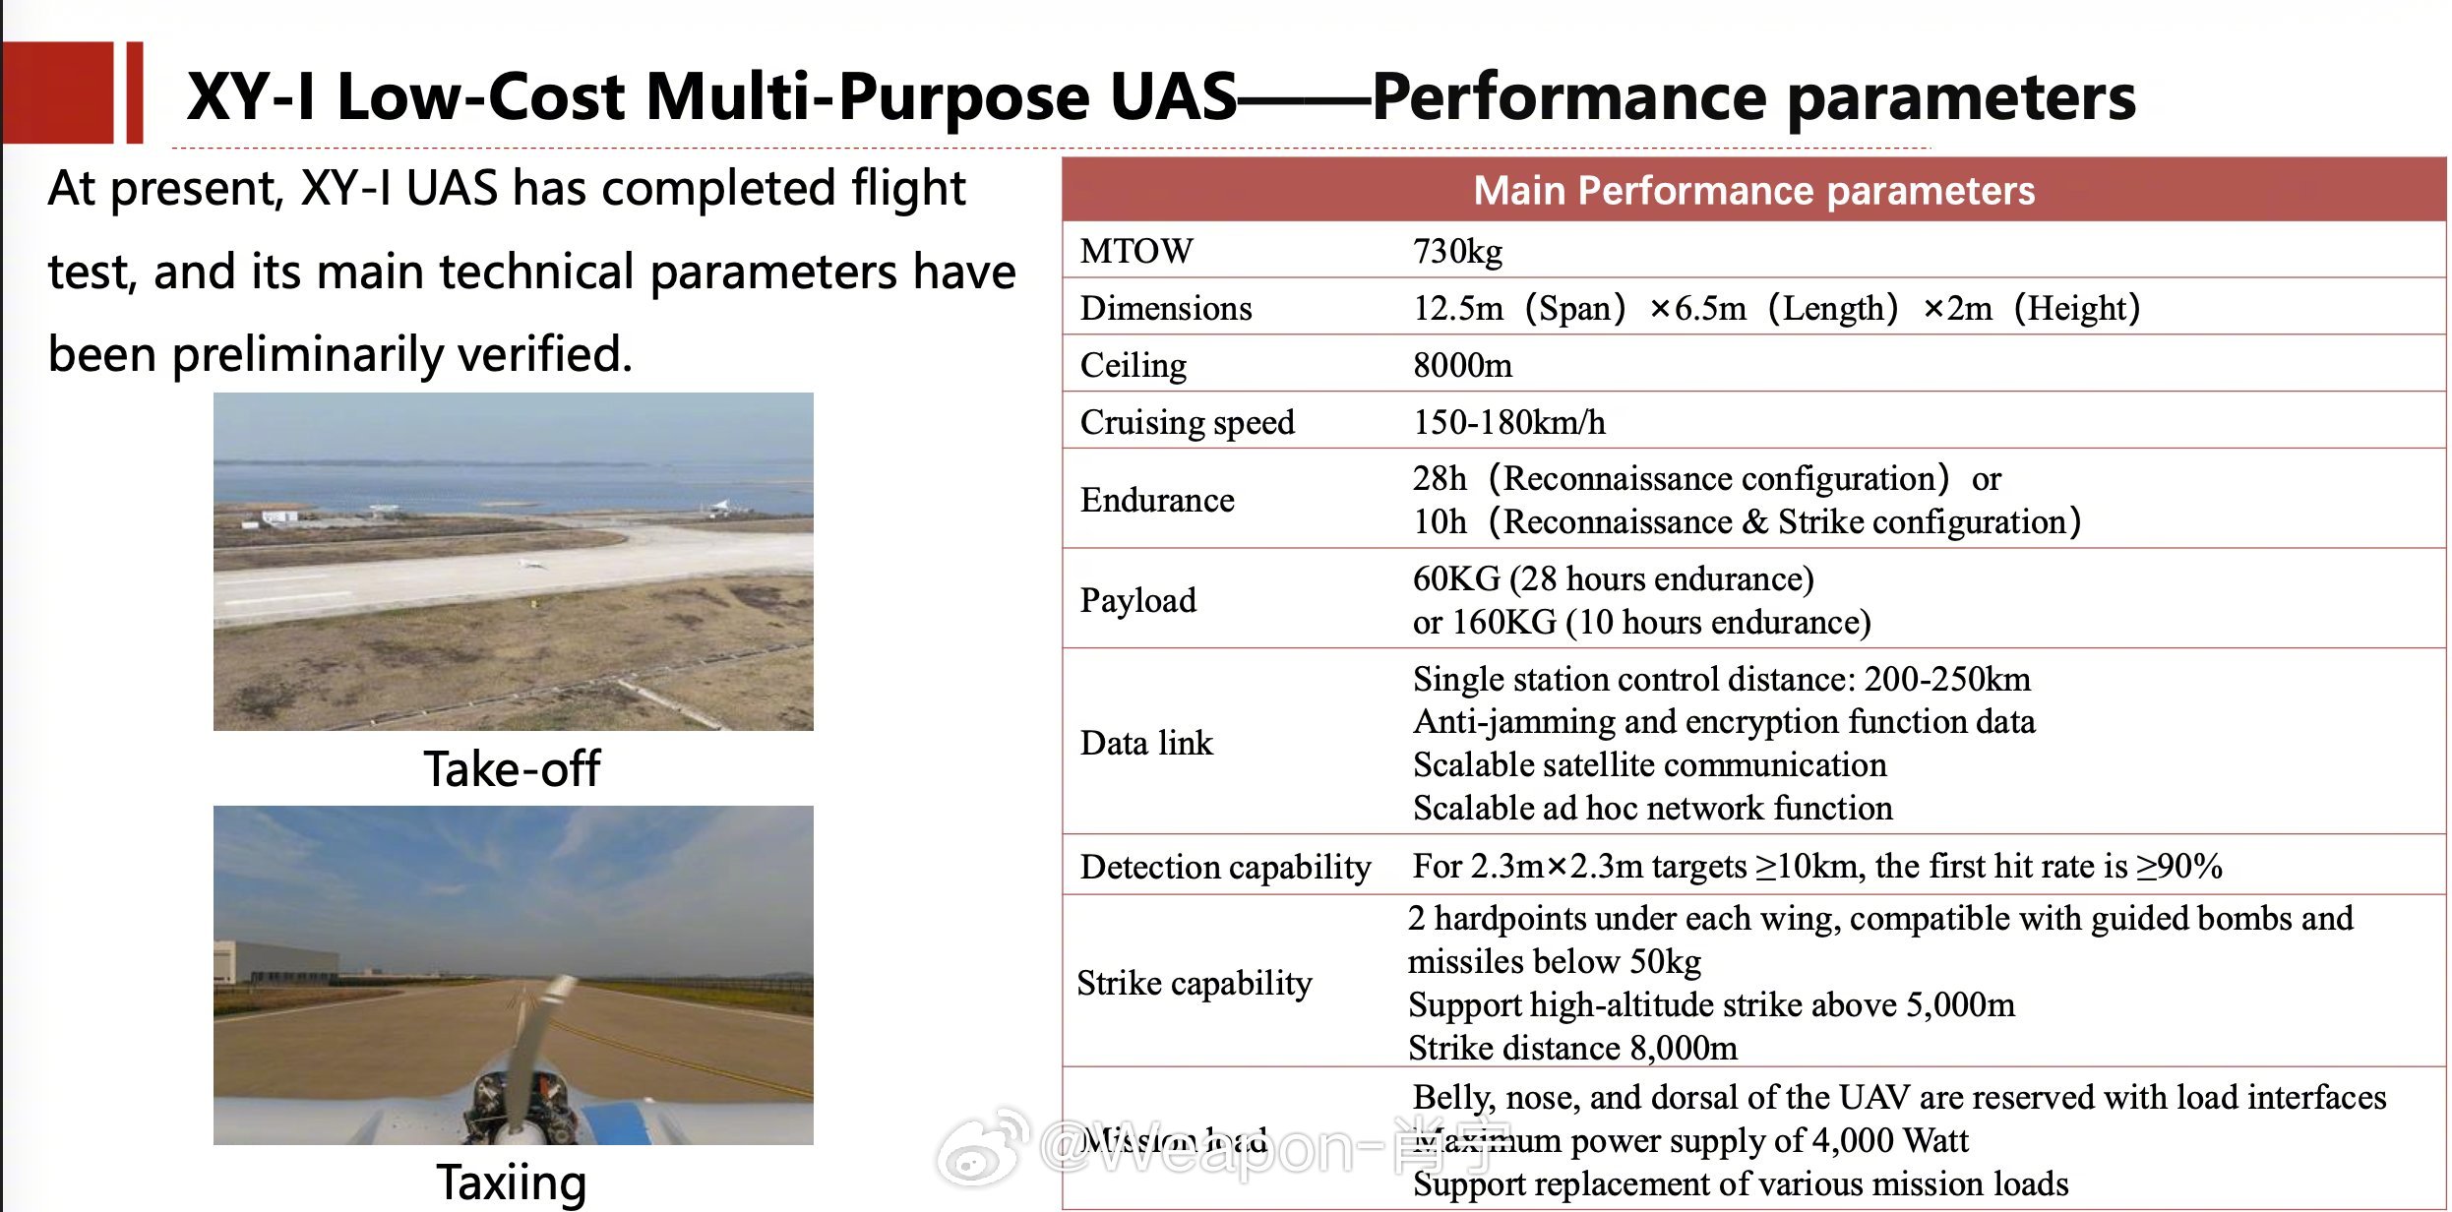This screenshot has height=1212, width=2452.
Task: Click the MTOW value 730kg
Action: point(1457,252)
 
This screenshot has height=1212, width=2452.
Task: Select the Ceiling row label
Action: point(1134,366)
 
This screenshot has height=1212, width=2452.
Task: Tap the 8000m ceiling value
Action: point(1462,366)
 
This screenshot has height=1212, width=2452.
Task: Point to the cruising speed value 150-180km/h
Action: point(1509,423)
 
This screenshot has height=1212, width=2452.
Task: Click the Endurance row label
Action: point(1157,500)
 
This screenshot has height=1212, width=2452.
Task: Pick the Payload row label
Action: point(1138,600)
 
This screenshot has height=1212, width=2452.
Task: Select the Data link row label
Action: point(1146,743)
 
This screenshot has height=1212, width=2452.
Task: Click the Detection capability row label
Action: point(1225,867)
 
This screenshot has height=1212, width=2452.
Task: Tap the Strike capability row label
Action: point(1195,983)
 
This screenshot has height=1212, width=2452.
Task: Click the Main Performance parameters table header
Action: point(1754,190)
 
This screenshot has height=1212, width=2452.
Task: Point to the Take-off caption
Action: point(512,768)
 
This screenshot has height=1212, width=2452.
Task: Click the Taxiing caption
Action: point(512,1182)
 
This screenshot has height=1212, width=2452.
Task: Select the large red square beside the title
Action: point(57,91)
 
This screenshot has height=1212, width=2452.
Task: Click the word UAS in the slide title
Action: point(1173,96)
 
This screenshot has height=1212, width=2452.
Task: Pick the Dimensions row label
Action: point(1166,309)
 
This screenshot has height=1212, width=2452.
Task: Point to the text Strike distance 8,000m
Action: point(1572,1048)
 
